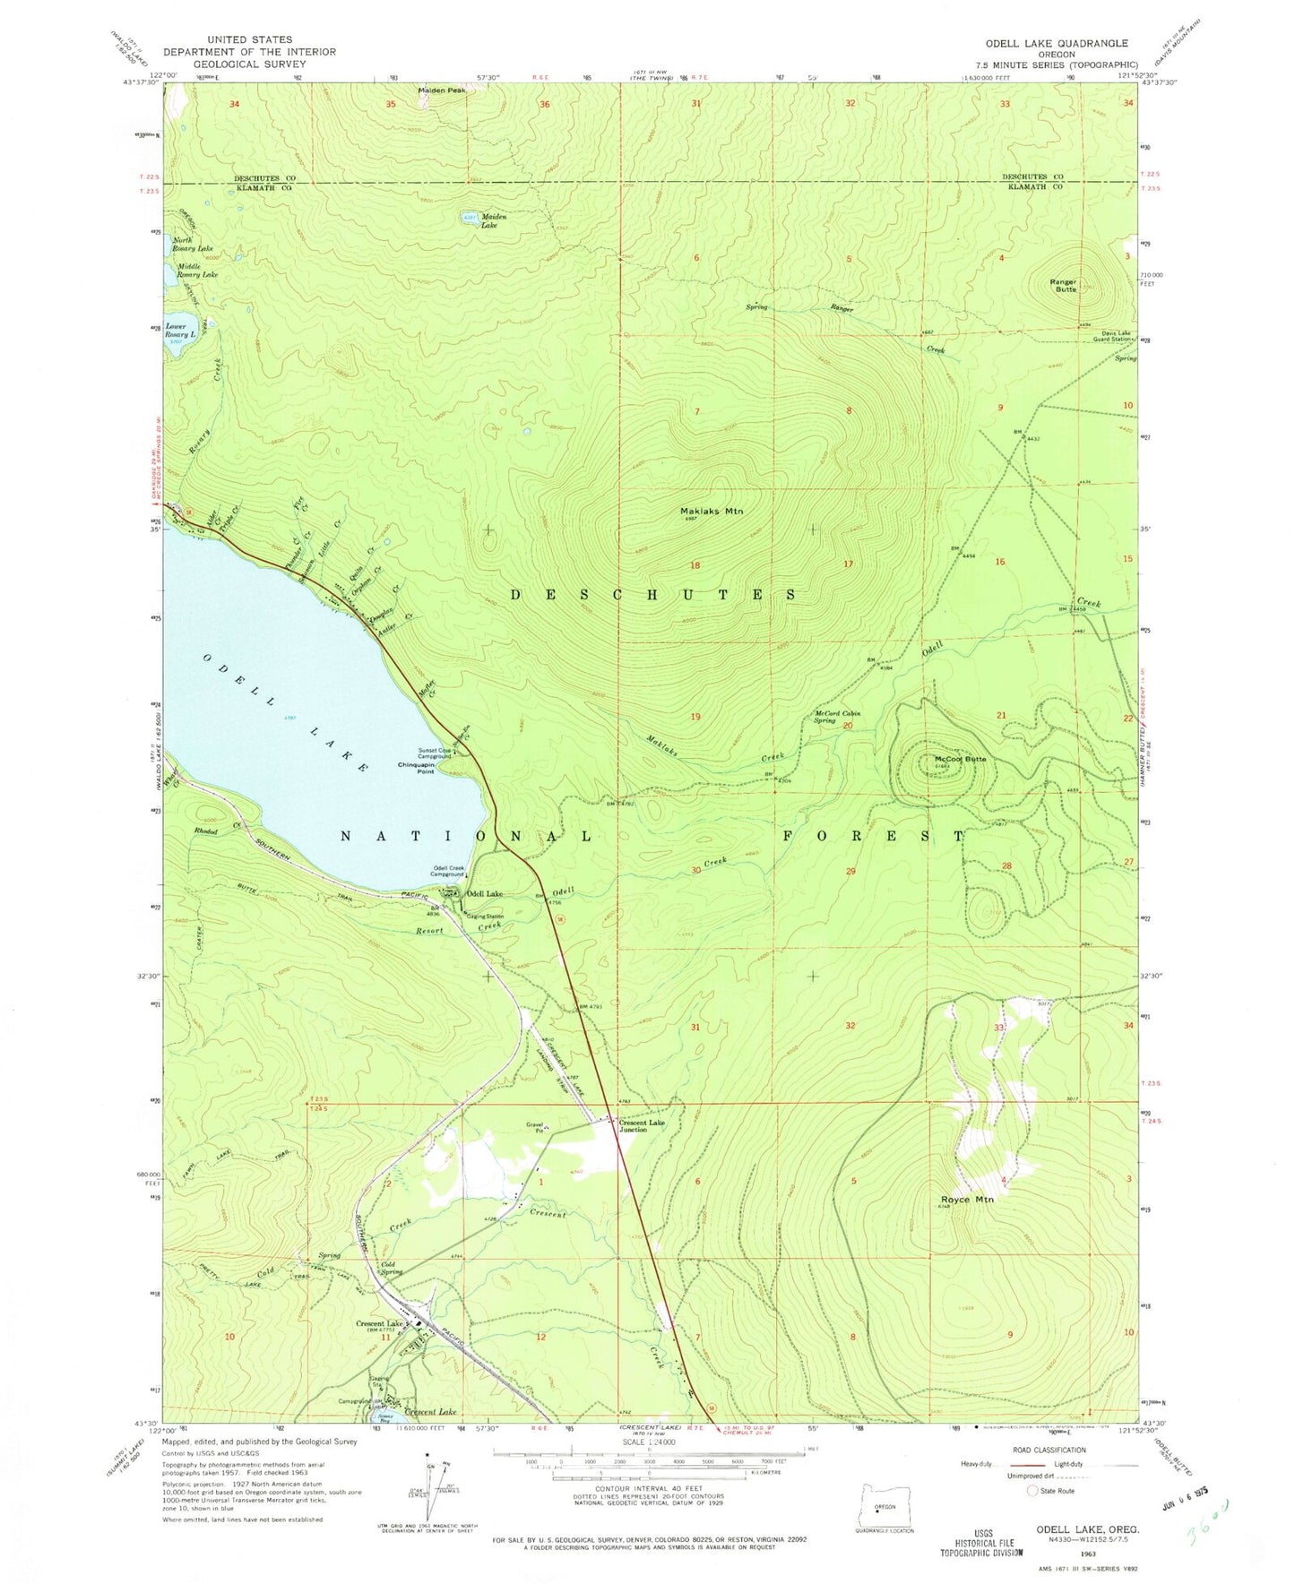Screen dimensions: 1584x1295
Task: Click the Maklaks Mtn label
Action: click(712, 512)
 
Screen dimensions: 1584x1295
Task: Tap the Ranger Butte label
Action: click(1064, 286)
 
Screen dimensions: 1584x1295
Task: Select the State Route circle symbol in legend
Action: click(1033, 1491)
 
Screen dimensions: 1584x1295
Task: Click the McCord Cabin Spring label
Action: click(836, 717)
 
